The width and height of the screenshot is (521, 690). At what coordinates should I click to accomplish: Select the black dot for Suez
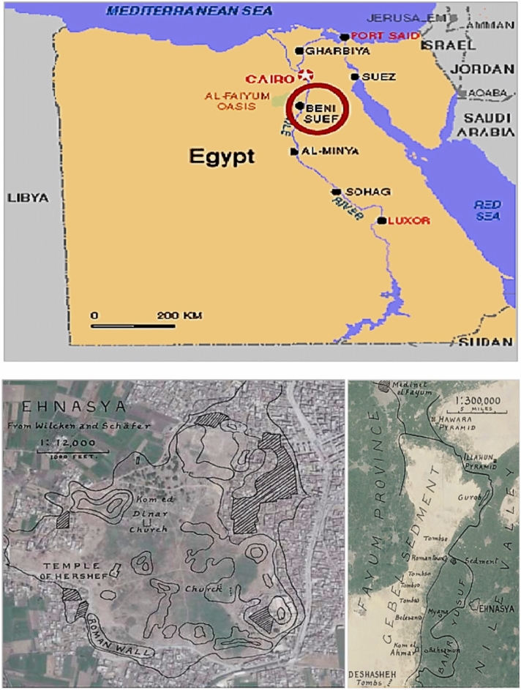(x=354, y=77)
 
